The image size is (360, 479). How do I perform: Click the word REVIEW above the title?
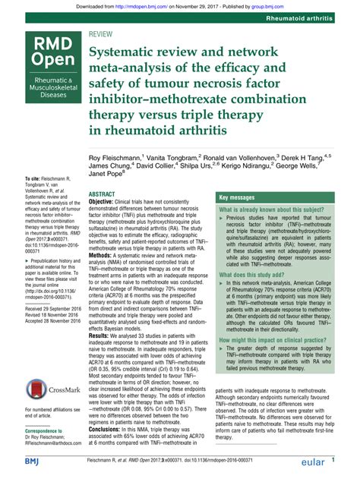[x=103, y=35]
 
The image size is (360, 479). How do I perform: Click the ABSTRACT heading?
[x=102, y=195]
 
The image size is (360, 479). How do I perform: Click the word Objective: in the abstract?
[x=106, y=205]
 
